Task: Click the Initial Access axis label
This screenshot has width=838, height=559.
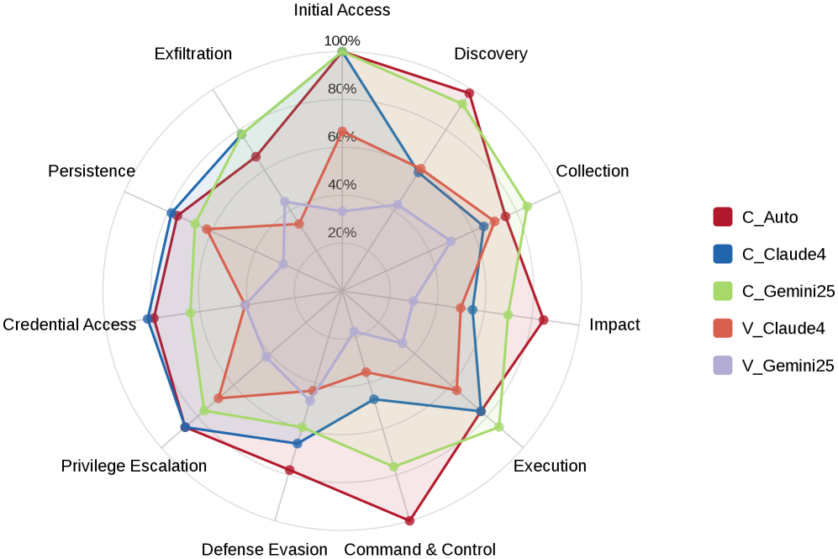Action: click(341, 10)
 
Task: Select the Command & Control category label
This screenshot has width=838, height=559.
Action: click(419, 550)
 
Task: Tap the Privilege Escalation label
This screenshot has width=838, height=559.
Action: click(134, 467)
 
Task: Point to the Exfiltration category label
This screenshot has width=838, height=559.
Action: click(193, 54)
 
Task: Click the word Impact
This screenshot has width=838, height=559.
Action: click(614, 324)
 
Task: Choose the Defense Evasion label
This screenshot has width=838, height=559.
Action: click(264, 550)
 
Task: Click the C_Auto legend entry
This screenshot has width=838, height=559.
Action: click(769, 217)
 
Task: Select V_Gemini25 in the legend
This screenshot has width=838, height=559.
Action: click(788, 366)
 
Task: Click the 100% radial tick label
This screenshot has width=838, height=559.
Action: click(342, 40)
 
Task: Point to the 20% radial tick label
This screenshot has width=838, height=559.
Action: click(342, 233)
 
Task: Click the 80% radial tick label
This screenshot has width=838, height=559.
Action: click(342, 88)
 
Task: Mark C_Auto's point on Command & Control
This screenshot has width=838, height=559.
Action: click(409, 521)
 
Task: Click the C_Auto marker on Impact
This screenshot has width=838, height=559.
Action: click(544, 319)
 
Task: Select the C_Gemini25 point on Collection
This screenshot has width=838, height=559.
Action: click(527, 206)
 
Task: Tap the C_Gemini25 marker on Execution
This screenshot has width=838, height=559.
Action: click(498, 427)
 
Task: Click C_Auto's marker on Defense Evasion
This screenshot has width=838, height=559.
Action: click(290, 470)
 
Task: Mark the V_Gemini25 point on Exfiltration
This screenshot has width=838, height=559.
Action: click(285, 202)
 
